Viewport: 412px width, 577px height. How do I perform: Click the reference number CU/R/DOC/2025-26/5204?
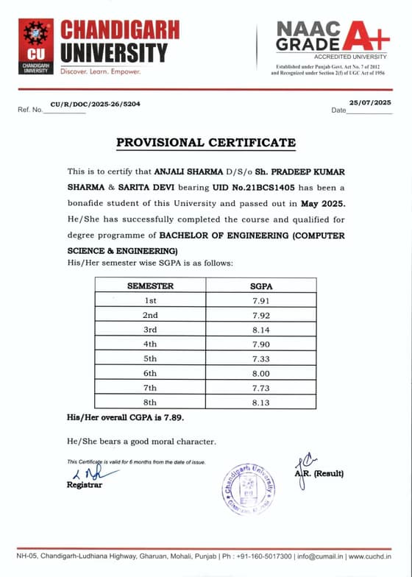(95, 104)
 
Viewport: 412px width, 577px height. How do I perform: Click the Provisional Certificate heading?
(205, 142)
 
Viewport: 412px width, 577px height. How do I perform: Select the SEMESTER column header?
(150, 286)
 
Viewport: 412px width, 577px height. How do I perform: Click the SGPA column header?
(261, 286)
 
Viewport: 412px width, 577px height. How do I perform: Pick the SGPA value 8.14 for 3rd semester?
(261, 330)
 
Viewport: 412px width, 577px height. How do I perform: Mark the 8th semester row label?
(150, 402)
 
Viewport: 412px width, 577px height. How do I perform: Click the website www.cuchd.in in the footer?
(376, 556)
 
